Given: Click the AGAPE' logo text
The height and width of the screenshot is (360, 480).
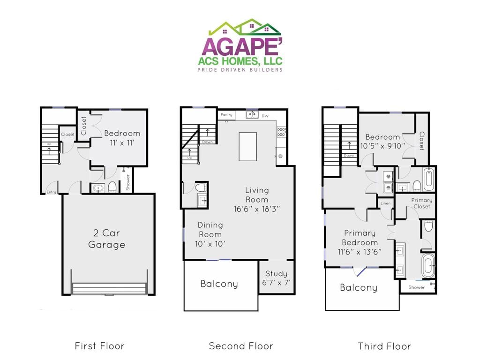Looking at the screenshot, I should coord(241,46).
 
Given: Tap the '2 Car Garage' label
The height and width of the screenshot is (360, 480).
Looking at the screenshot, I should coord(107,239).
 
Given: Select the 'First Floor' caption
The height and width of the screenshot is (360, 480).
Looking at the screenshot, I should coord(99,346).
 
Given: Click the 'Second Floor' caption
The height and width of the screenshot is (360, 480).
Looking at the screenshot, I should coord(241,346).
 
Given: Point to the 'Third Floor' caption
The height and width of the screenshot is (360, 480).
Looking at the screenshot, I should coord(384,346).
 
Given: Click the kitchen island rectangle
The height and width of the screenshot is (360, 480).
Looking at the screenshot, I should coord(247,146).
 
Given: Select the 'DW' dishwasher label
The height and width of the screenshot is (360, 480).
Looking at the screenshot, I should coord(265,115).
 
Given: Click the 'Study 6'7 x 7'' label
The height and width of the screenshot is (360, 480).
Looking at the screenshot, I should coord(276,277).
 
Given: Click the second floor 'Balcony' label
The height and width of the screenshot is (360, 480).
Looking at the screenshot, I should coord(219,284).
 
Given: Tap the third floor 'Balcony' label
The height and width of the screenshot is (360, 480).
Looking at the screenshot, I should coord(359,287).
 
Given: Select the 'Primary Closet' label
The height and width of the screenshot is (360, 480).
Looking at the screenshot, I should coord(421,203).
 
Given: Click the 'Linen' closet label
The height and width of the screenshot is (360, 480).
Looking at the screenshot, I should coord(385,203).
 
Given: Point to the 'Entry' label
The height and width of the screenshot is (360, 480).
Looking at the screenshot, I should coord(51,192).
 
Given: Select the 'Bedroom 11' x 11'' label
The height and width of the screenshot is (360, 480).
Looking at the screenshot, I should coord(122,138).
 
